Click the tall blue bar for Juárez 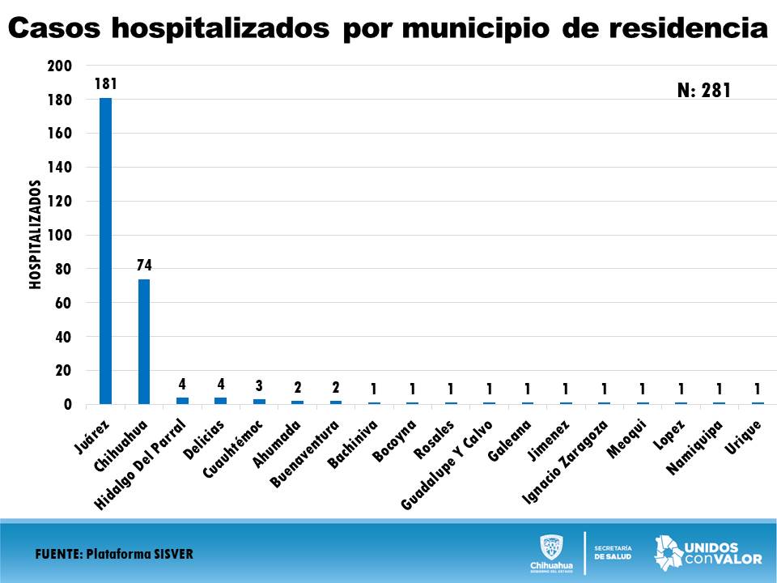pos(105,251)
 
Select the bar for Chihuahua pos(144,341)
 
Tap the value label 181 pos(106,83)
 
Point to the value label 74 pos(144,265)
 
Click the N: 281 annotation pos(703,91)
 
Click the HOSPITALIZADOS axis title pos(36,235)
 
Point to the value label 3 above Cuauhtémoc pos(259,385)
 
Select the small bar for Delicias pos(220,400)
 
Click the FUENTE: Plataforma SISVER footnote pos(114,555)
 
